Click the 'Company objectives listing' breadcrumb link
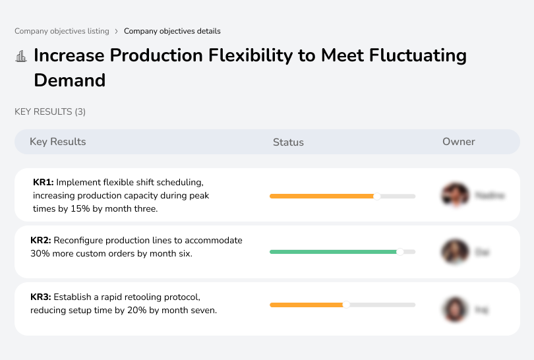[x=62, y=31]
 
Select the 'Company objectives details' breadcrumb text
[x=172, y=31]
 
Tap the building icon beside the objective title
[x=21, y=56]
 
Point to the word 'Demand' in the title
[x=69, y=80]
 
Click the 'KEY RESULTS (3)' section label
[x=50, y=112]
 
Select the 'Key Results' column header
[x=57, y=142]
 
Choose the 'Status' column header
[x=288, y=142]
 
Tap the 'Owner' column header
[x=459, y=142]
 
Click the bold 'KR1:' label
[x=43, y=182]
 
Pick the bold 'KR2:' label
[x=41, y=240]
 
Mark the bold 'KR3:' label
[x=41, y=297]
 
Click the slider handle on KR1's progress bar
[x=377, y=196]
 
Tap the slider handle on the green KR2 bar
[x=400, y=251]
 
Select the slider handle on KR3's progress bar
[x=346, y=305]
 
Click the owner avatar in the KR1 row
[x=454, y=195]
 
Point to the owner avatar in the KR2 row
[x=454, y=252]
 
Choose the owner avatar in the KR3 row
[x=454, y=309]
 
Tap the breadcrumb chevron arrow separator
[x=117, y=31]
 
